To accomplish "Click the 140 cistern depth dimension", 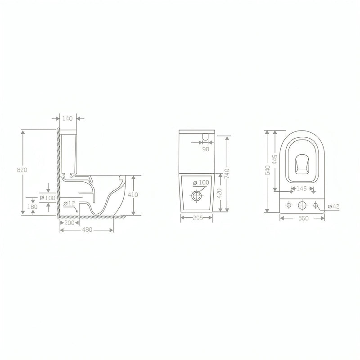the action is (x=67, y=118).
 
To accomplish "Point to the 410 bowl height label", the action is (x=133, y=195).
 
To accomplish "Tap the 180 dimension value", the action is (x=32, y=207).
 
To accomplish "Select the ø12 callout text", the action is (x=69, y=203).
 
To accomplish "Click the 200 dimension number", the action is (x=69, y=223).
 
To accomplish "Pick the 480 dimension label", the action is (x=87, y=229).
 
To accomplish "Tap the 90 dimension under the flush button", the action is (x=206, y=149).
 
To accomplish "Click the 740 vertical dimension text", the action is (x=227, y=174).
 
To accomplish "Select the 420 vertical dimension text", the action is (x=220, y=193).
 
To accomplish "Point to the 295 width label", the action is (x=198, y=218).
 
